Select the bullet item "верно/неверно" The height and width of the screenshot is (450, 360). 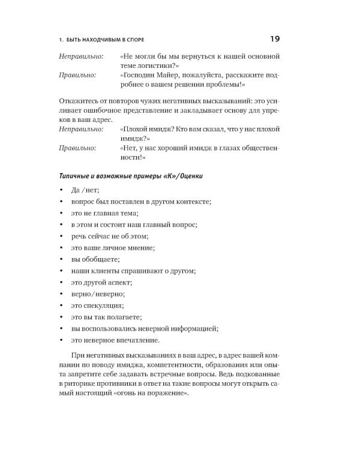98,293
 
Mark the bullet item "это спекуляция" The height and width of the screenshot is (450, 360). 98,305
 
